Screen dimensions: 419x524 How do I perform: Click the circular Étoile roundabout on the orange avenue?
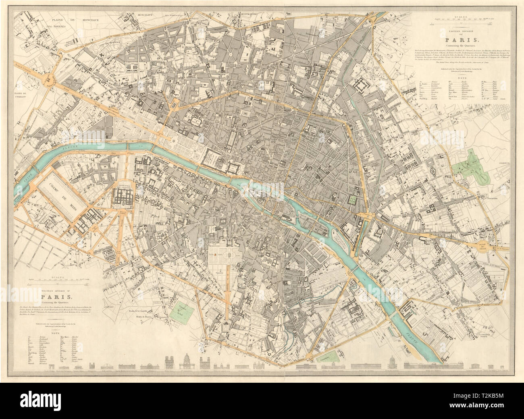[50, 81]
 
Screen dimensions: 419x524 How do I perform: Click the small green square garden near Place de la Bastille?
[354, 199]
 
